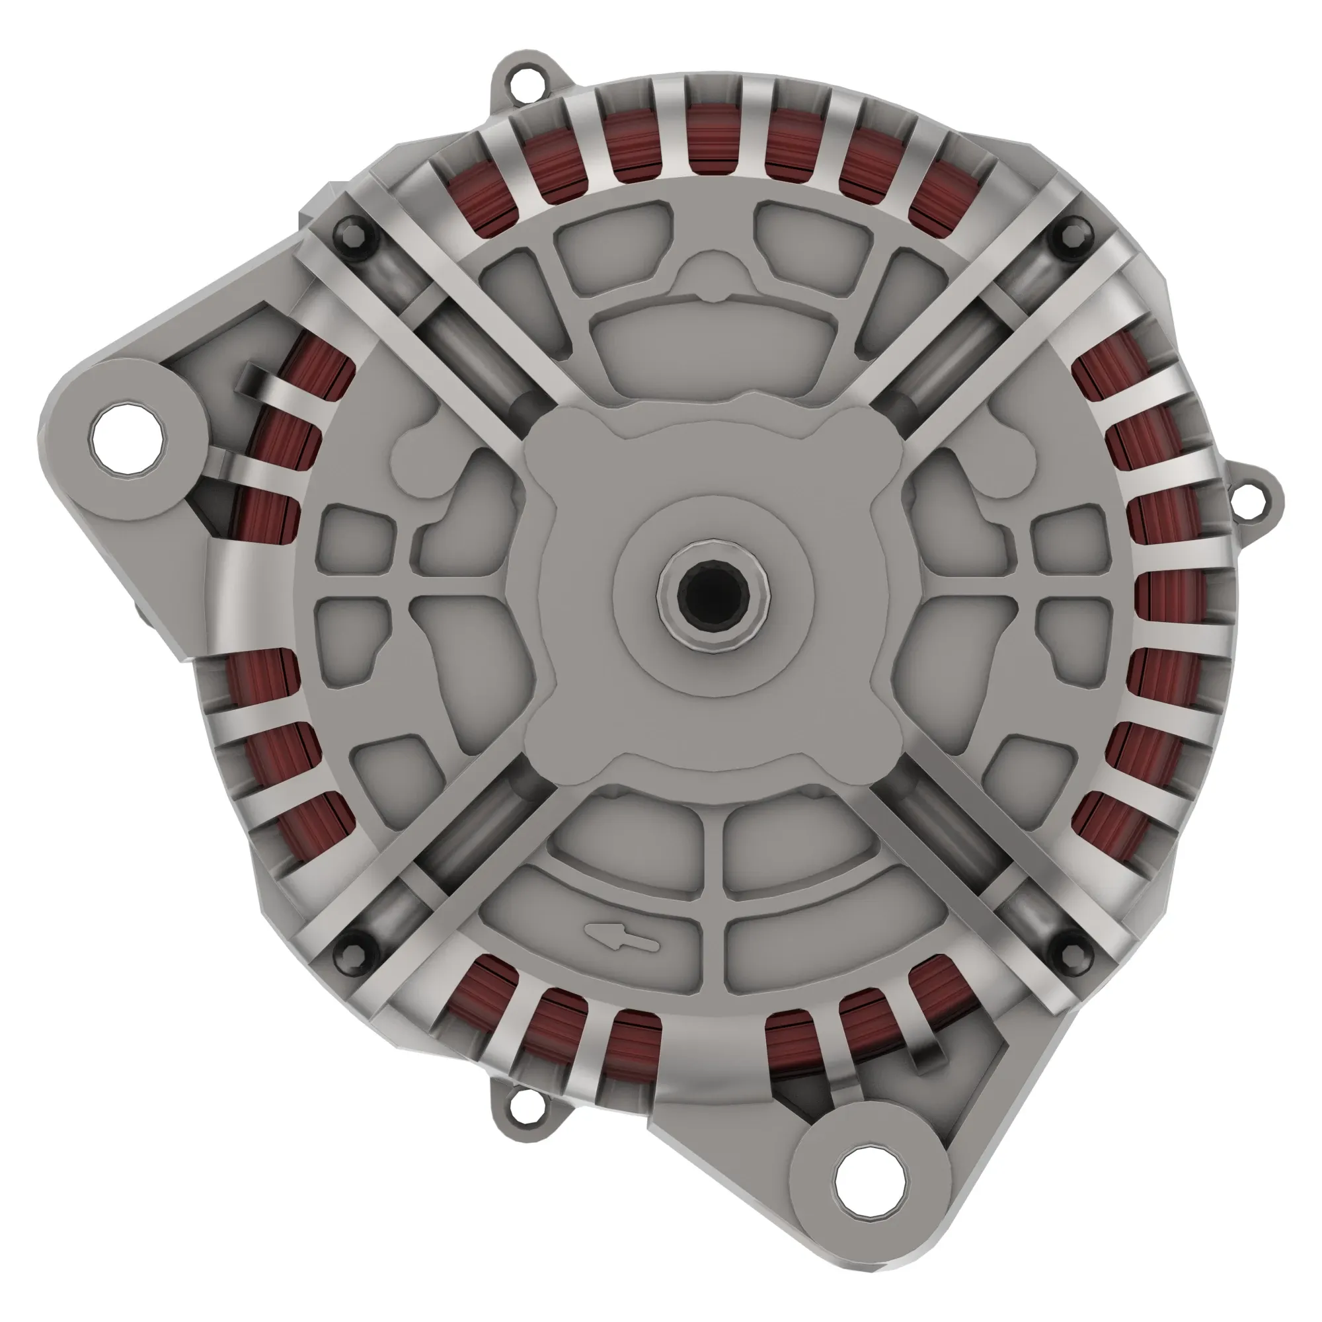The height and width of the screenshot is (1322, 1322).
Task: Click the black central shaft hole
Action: (714, 596)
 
